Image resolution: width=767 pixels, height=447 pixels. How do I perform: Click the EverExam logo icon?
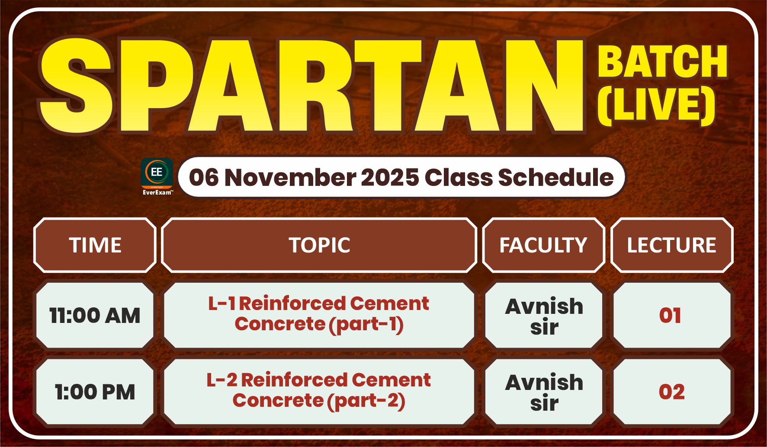[157, 177]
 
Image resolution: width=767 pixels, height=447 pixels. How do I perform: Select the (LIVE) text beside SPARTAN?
[656, 105]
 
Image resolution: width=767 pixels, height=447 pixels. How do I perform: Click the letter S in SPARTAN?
[77, 86]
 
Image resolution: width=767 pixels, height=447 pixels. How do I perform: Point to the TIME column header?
[95, 245]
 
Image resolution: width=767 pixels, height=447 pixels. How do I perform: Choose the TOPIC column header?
[319, 245]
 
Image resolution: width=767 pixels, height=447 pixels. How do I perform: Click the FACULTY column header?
[543, 245]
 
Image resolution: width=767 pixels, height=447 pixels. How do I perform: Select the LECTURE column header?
[672, 245]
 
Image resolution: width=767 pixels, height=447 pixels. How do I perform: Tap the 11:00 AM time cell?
[95, 315]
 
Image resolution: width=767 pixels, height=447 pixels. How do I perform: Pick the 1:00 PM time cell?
[95, 392]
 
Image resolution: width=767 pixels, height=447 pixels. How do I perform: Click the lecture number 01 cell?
[672, 315]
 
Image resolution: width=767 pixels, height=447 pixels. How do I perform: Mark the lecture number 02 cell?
[672, 392]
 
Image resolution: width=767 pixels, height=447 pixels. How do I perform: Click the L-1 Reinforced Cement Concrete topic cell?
[319, 315]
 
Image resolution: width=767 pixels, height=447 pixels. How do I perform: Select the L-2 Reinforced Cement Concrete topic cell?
[319, 392]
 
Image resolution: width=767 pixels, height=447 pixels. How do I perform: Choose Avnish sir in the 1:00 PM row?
[544, 392]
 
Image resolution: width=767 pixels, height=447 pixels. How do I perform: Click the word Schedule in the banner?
[556, 178]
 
